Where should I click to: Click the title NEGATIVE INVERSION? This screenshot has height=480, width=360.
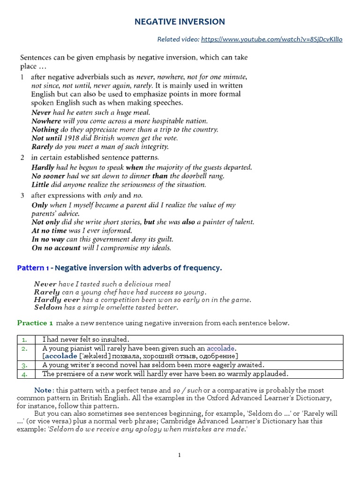pyautogui.click(x=180, y=22)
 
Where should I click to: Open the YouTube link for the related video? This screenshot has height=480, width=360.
pyautogui.click(x=271, y=39)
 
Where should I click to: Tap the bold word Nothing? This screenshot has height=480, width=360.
pyautogui.click(x=45, y=129)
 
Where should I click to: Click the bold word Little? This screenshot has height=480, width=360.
pyautogui.click(x=40, y=184)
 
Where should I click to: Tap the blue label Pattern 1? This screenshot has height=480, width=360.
pyautogui.click(x=33, y=268)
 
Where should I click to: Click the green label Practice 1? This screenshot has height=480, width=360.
pyautogui.click(x=35, y=323)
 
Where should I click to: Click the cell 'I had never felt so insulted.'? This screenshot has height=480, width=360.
pyautogui.click(x=86, y=339)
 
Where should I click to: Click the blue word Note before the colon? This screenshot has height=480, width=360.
pyautogui.click(x=43, y=390)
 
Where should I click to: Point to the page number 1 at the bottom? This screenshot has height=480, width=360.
pyautogui.click(x=180, y=455)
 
